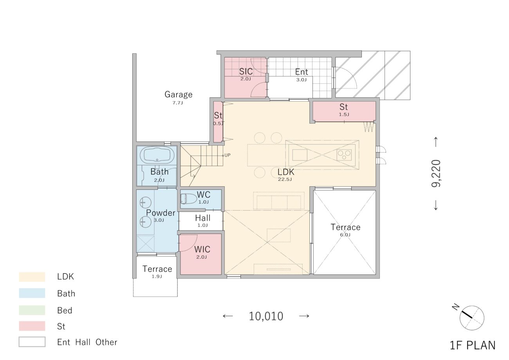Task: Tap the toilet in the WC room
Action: tap(189, 199)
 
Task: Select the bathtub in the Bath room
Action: tap(157, 155)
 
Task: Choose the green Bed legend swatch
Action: tap(32, 310)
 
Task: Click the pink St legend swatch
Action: tap(32, 326)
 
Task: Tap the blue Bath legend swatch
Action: tap(32, 293)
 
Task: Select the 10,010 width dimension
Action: tap(266, 316)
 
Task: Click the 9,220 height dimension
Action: tap(436, 173)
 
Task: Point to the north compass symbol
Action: tap(472, 318)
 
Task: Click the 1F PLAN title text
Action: tap(473, 346)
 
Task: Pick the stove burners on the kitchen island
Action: tap(344, 155)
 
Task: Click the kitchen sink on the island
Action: tap(300, 155)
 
